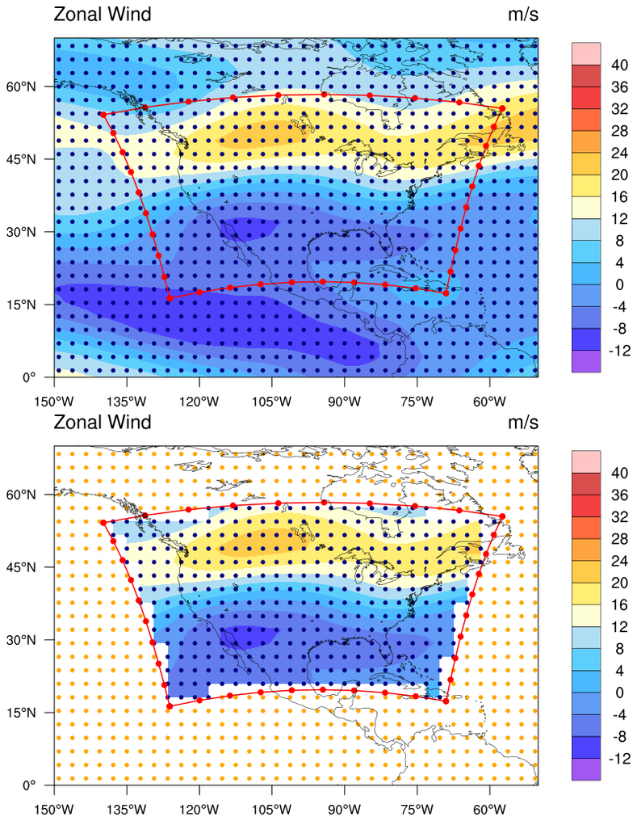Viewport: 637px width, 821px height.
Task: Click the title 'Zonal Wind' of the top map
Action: [x=102, y=15]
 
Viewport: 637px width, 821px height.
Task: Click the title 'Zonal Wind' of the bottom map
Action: [x=102, y=422]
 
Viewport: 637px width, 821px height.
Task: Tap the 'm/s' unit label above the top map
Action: [x=522, y=15]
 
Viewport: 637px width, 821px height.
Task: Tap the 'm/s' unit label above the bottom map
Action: [x=522, y=422]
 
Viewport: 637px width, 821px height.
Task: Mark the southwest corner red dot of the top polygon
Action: [x=169, y=299]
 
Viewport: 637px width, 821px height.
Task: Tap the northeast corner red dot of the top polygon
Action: [x=502, y=108]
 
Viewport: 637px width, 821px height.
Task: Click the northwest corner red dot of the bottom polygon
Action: [x=103, y=522]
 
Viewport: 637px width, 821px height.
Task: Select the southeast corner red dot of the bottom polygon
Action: [x=446, y=701]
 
